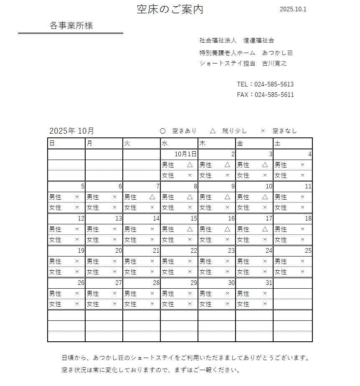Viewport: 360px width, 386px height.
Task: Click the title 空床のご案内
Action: click(x=170, y=10)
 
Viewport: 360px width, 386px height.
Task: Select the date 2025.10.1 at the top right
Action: click(x=293, y=9)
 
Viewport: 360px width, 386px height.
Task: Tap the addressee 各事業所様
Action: click(x=71, y=26)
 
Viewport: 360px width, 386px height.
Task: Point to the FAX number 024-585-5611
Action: click(x=274, y=95)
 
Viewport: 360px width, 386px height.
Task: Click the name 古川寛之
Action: click(x=274, y=63)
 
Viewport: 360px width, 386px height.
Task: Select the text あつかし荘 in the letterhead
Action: click(x=278, y=53)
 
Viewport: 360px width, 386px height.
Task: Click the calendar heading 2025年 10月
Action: click(x=71, y=131)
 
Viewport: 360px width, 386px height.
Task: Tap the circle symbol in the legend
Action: click(x=163, y=131)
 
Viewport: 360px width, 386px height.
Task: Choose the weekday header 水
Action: click(x=165, y=143)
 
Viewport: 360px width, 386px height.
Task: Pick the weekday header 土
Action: click(x=278, y=143)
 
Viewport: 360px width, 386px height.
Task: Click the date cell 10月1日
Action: click(x=185, y=154)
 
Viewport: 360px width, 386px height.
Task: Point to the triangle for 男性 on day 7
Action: click(x=152, y=197)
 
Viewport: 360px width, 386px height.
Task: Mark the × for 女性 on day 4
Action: click(x=302, y=175)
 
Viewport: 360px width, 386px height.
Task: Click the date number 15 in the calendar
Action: click(x=193, y=218)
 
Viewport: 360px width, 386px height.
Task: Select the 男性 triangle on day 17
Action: click(x=265, y=229)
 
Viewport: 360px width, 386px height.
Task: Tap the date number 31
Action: click(x=269, y=283)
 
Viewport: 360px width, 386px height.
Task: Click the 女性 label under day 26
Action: click(x=55, y=304)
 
